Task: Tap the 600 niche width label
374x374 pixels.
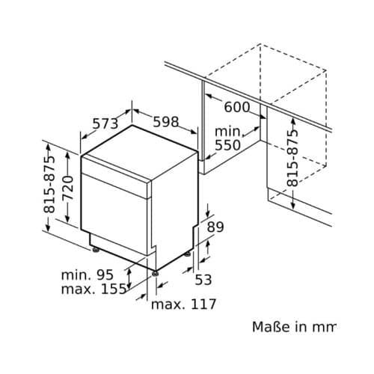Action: coord(236,108)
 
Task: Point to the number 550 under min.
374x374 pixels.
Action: coord(227,145)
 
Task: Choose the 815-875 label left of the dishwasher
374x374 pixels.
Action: coord(50,183)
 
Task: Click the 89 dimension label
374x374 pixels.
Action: coord(215,227)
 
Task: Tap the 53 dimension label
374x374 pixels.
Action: coord(204,280)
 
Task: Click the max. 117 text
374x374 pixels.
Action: coord(183,304)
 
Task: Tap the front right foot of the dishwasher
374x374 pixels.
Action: coord(156,274)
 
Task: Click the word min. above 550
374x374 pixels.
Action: coord(228,130)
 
